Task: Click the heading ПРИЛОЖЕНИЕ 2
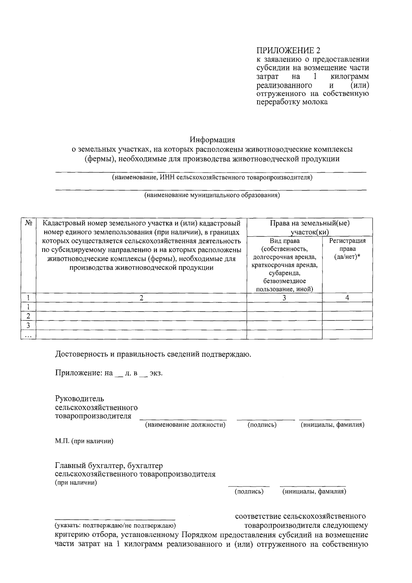(x=288, y=51)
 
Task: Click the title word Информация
(x=212, y=140)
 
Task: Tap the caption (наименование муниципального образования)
(x=212, y=195)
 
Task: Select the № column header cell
(x=28, y=223)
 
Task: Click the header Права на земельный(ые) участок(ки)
(x=309, y=227)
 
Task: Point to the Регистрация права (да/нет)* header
(x=347, y=249)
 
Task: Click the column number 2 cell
(x=141, y=298)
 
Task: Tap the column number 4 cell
(x=347, y=298)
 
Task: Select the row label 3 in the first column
(x=28, y=325)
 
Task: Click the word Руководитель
(x=79, y=399)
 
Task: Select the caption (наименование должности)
(x=185, y=425)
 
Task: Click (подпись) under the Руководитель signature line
(x=262, y=425)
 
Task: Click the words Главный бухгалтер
(x=90, y=466)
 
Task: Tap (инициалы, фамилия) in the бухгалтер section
(x=314, y=492)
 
